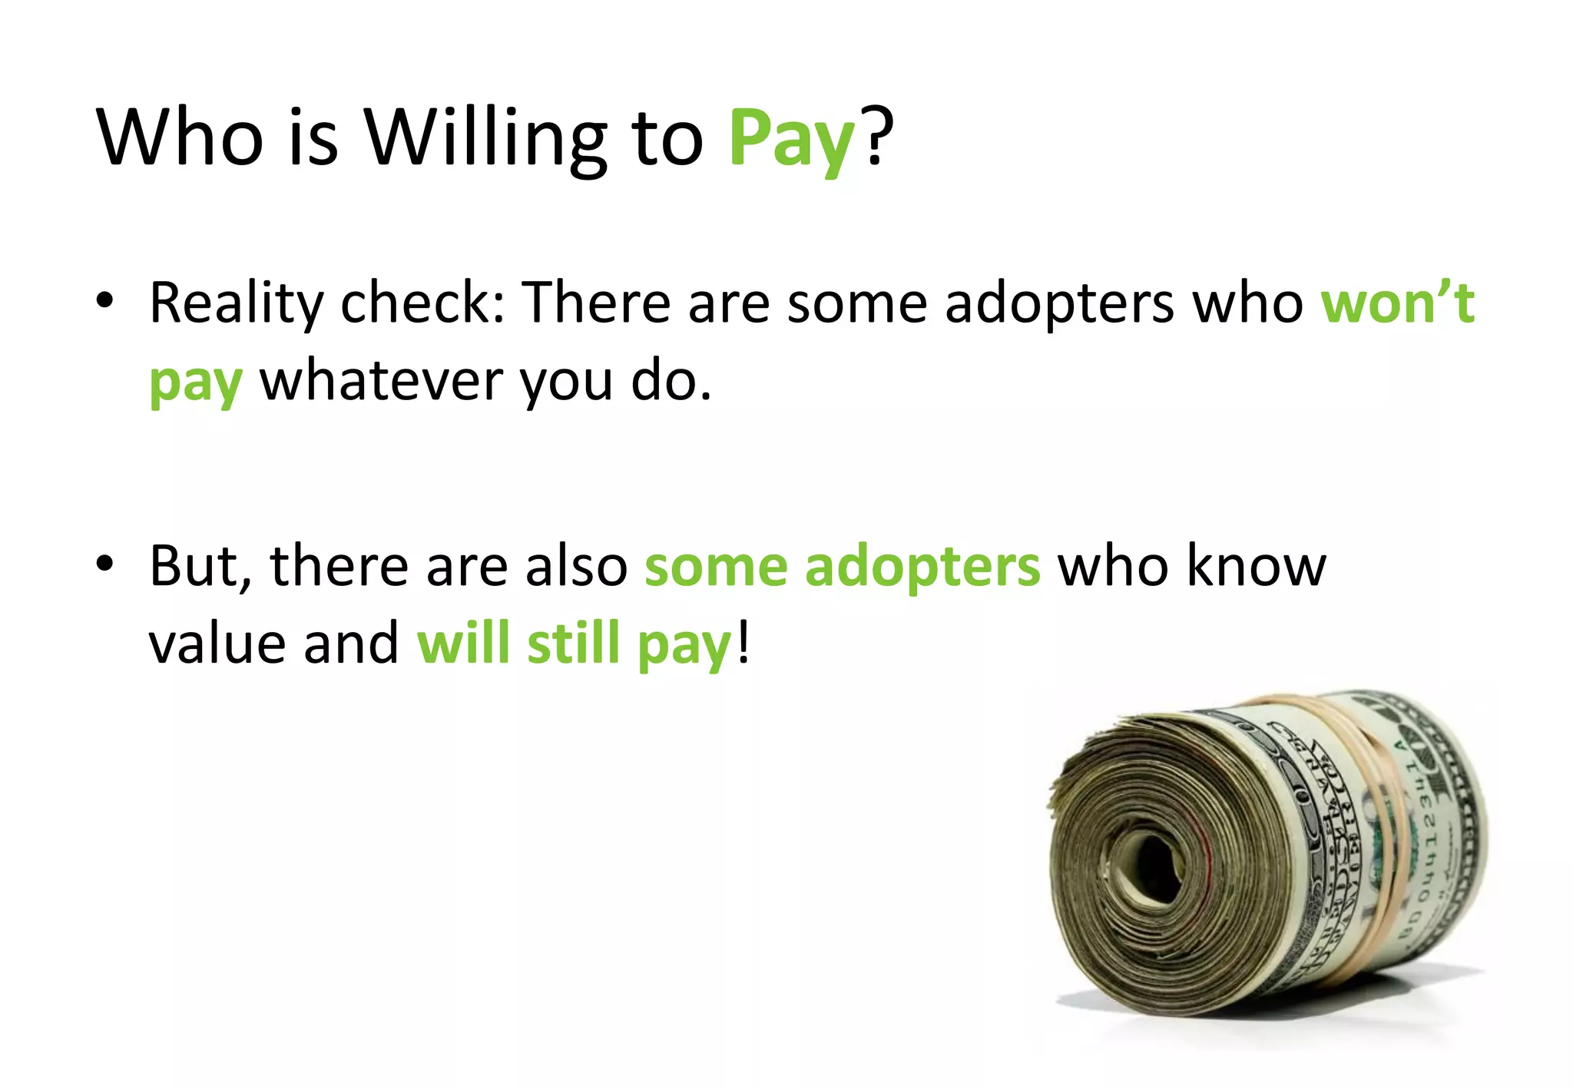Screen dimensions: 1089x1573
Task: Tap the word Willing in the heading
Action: [485, 138]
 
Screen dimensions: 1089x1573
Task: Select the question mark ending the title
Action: [878, 137]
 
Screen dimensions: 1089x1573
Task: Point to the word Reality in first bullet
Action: [236, 304]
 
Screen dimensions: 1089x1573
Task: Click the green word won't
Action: [1397, 303]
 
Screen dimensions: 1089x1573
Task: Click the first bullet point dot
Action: [105, 301]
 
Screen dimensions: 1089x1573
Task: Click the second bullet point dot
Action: [105, 564]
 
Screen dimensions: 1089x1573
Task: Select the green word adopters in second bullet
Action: [922, 567]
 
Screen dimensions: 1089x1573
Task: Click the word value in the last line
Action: [217, 644]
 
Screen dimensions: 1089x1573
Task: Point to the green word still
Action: [573, 644]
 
